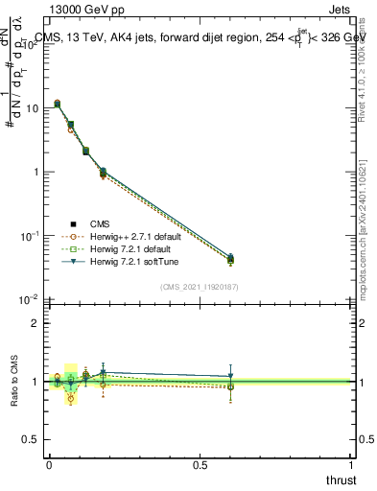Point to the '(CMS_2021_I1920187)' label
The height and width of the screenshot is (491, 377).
click(199, 287)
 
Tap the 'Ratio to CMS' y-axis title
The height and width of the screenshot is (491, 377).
click(14, 382)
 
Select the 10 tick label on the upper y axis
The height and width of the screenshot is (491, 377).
click(32, 108)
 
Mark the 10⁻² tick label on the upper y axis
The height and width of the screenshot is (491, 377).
click(30, 299)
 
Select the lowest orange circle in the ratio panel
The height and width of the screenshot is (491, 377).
click(70, 399)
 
